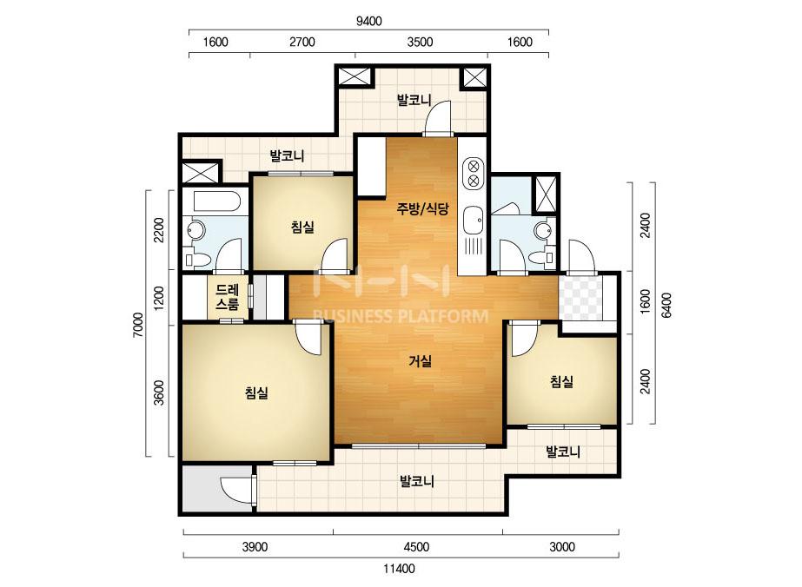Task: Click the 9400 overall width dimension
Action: click(x=368, y=21)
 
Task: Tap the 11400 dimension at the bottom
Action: click(x=400, y=568)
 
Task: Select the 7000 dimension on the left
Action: click(x=139, y=325)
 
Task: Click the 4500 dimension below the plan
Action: click(x=416, y=547)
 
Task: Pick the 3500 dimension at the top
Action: click(x=420, y=42)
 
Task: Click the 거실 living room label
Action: click(x=421, y=361)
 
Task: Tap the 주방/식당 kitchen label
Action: click(x=423, y=208)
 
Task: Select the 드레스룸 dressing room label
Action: click(x=227, y=297)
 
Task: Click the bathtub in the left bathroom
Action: click(x=217, y=201)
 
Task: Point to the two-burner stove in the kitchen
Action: click(x=474, y=173)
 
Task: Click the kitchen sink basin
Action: click(x=473, y=221)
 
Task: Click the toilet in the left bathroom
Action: click(x=197, y=259)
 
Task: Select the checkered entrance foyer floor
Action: click(x=580, y=298)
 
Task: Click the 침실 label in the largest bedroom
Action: click(x=256, y=392)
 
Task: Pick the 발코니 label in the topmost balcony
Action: click(x=414, y=100)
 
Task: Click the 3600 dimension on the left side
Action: click(x=160, y=392)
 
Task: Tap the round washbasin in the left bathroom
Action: click(x=196, y=230)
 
